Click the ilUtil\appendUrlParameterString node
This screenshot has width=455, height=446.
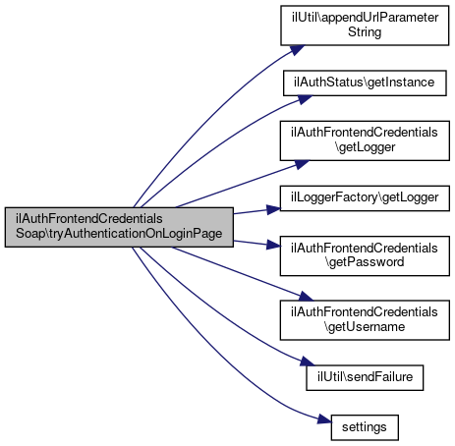tap(365, 26)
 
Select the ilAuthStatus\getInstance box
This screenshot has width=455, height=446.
tap(365, 83)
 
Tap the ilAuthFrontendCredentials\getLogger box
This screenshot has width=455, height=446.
tap(365, 140)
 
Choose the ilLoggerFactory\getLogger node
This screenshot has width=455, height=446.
tap(365, 198)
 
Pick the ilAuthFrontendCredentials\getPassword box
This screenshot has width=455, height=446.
tap(365, 255)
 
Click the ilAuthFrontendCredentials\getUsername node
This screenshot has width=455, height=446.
tap(365, 320)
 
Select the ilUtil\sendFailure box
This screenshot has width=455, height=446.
tap(365, 377)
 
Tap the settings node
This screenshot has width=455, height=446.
tap(365, 427)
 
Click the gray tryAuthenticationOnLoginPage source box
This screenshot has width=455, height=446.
tap(119, 227)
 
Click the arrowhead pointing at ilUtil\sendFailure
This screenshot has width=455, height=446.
tap(308, 362)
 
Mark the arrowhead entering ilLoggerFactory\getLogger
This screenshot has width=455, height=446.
tap(273, 209)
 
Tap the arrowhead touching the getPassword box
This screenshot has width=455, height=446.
tap(273, 245)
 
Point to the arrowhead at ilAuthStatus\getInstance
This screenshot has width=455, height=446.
tap(305, 99)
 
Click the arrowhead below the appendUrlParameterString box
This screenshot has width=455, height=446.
tap(297, 50)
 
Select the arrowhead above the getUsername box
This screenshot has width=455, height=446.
tap(306, 296)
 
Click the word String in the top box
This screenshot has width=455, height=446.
tap(365, 32)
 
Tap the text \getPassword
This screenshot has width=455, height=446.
tap(365, 262)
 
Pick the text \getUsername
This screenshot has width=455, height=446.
tap(365, 327)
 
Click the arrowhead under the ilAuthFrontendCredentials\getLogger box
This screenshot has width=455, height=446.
tap(302, 164)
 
